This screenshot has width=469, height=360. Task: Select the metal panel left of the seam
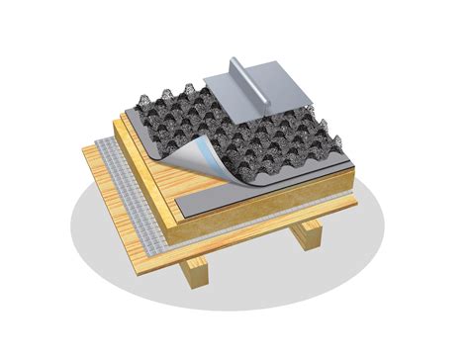click(226, 87)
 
